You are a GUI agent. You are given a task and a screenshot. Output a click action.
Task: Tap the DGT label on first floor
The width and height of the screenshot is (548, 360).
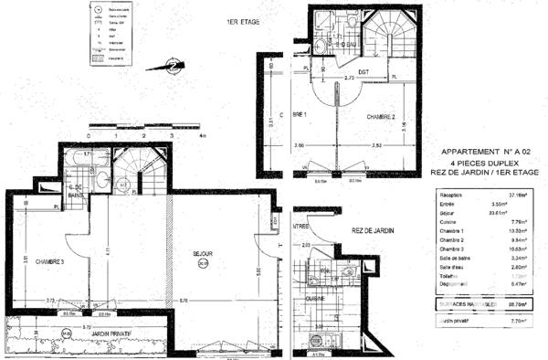pyautogui.click(x=363, y=70)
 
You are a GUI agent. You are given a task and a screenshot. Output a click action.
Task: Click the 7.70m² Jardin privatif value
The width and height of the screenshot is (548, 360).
pyautogui.click(x=521, y=322)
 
